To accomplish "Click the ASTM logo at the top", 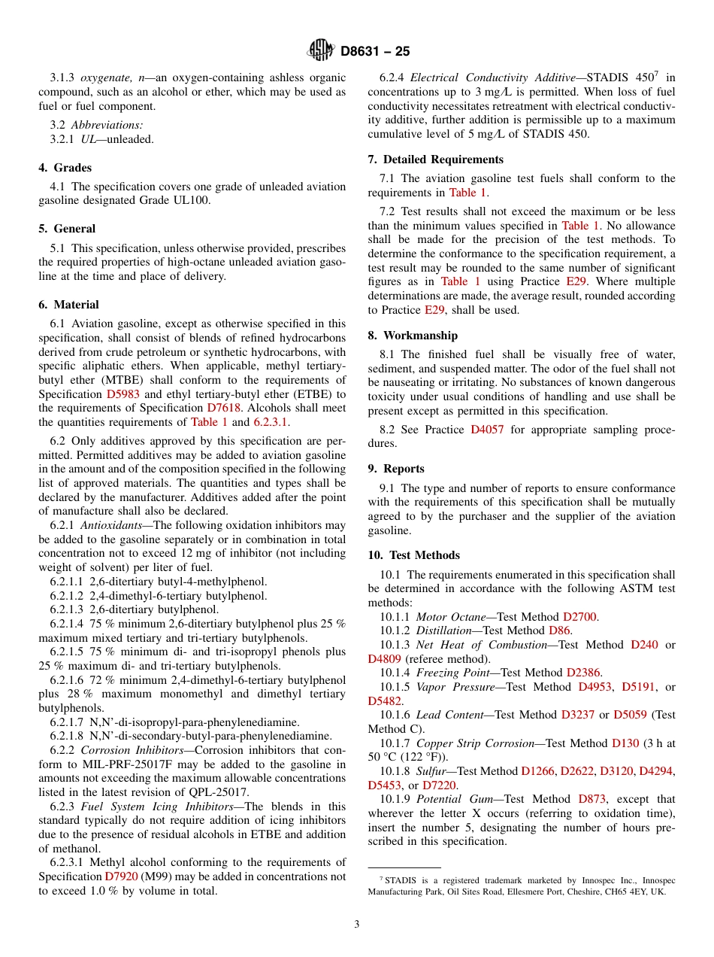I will pos(321,51).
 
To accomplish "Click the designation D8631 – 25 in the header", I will pos(375,52).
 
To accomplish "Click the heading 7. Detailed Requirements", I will pos(435,159).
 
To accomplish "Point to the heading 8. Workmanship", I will pos(413,336).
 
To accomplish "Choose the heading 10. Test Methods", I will pos(413,555).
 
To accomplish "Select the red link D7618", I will pos(223,408).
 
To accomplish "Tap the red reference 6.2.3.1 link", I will pos(271,422).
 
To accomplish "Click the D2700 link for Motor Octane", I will pos(579,617).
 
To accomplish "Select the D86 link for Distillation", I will pos(559,630).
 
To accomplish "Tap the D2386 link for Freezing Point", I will pos(584,673).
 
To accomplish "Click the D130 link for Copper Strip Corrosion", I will pos(625,743).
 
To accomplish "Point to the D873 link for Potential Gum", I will pos(593,799).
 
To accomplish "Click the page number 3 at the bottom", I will pos(357,924).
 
